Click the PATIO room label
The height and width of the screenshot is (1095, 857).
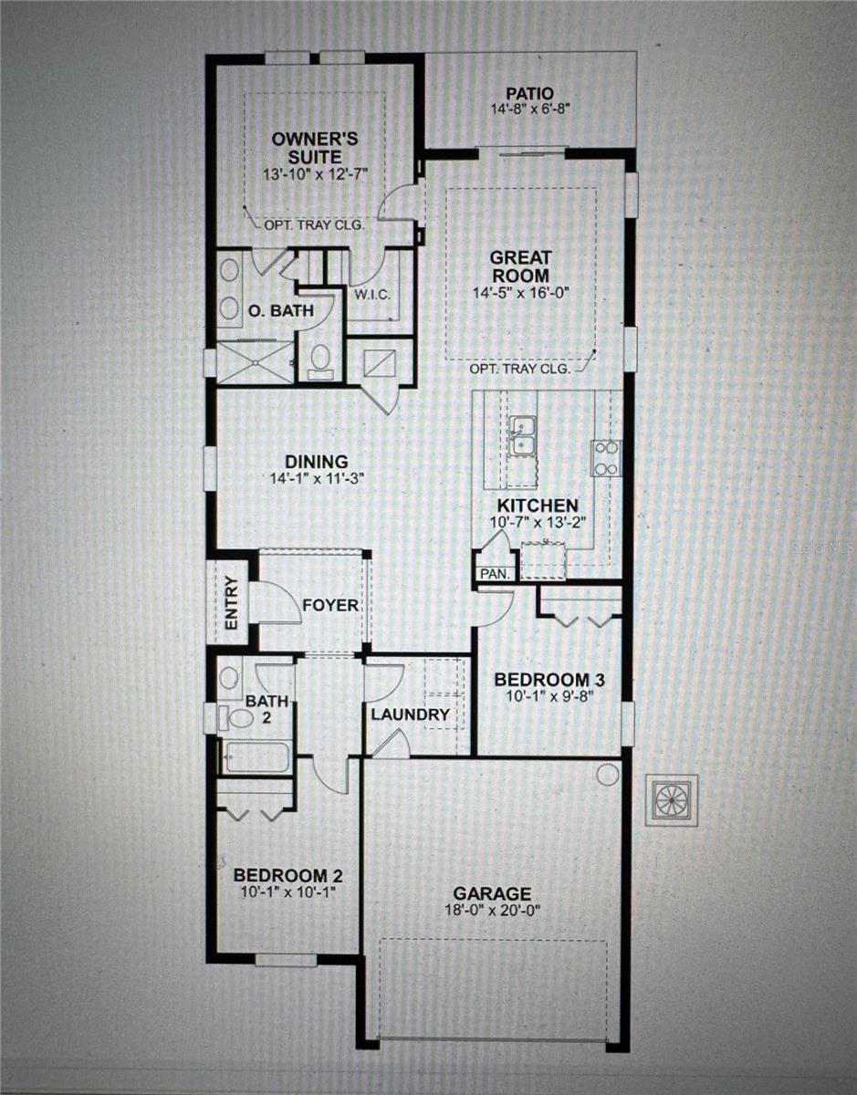coord(529,93)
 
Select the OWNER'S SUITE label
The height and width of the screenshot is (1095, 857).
coord(316,148)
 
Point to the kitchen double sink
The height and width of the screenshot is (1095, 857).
coord(523,434)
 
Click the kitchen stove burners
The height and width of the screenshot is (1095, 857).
coord(606,458)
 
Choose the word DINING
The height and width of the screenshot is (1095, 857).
coord(308,462)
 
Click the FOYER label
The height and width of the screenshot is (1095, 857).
coord(330,605)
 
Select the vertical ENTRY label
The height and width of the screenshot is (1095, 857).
coord(231,604)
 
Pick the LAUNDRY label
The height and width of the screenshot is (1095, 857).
coord(410,714)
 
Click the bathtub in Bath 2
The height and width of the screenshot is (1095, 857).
coord(256,756)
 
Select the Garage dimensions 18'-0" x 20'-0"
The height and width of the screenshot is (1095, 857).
coord(494,911)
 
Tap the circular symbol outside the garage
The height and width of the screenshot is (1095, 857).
coord(672,800)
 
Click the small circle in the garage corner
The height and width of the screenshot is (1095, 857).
coord(607,774)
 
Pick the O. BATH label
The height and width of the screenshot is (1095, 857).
coord(280,311)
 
